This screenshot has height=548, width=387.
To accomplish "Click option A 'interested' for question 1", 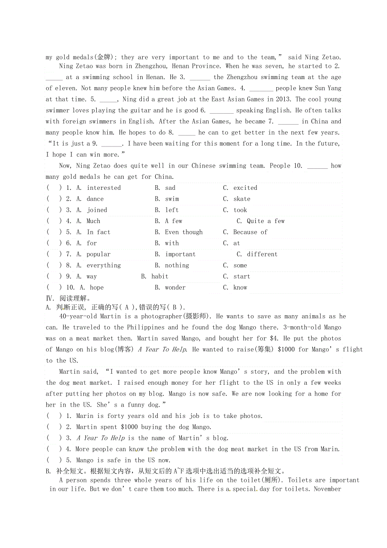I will [103, 188].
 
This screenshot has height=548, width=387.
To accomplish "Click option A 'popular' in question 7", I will [98, 254].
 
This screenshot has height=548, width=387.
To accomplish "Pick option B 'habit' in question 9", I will [160, 277].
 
